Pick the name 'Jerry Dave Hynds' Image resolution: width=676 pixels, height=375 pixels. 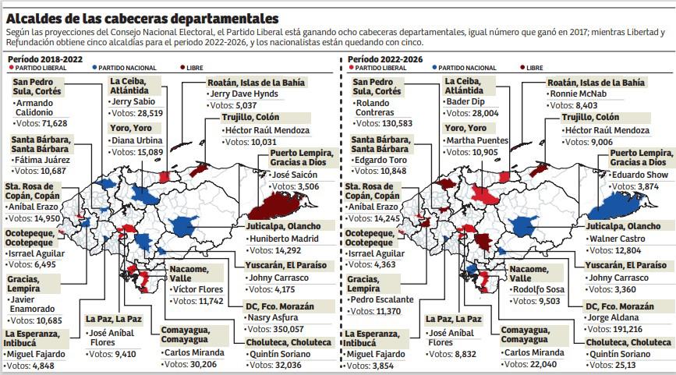(243, 94)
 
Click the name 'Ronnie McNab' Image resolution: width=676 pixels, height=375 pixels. (579, 94)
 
